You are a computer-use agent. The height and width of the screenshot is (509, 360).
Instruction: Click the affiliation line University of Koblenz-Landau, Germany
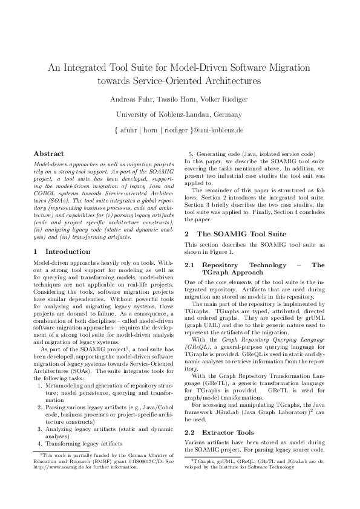pos(179,114)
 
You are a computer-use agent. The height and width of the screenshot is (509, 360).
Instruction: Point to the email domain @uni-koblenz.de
pos(218,130)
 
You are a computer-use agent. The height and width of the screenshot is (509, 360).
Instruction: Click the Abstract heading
pos(48,154)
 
